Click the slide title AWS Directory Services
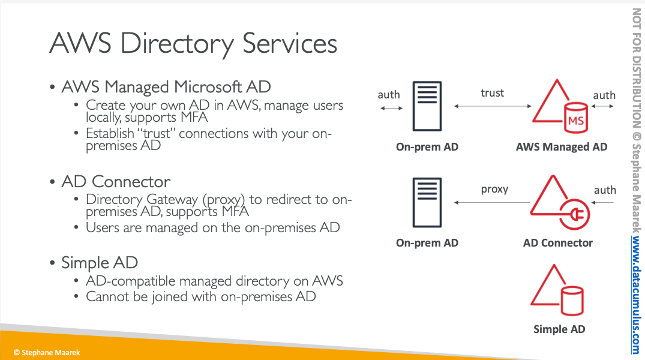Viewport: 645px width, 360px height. click(x=193, y=44)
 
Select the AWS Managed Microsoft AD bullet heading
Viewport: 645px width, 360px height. click(x=166, y=87)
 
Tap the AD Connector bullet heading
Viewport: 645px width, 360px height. click(x=116, y=181)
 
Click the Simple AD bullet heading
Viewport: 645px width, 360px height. click(x=100, y=262)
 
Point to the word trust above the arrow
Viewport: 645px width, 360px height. click(x=493, y=93)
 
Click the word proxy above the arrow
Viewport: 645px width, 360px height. click(x=495, y=190)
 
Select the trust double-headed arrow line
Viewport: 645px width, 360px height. click(x=493, y=106)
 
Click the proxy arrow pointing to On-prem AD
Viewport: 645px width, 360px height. click(x=492, y=202)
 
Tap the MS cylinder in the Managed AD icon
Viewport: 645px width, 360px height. click(x=575, y=118)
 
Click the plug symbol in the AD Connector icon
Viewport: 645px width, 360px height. click(x=575, y=214)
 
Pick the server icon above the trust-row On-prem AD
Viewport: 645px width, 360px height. click(x=427, y=106)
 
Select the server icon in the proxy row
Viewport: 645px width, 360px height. click(x=427, y=202)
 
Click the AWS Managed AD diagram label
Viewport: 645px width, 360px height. click(x=562, y=147)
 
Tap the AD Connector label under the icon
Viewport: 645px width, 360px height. click(x=558, y=243)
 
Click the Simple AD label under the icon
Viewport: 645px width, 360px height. click(x=559, y=329)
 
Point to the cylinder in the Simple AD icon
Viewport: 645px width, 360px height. click(x=572, y=301)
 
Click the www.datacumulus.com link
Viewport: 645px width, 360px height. click(x=637, y=295)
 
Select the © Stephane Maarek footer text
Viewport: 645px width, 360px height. click(x=46, y=353)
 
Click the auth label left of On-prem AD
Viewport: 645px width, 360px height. click(x=389, y=95)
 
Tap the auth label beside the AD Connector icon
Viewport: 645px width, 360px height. click(x=605, y=190)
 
